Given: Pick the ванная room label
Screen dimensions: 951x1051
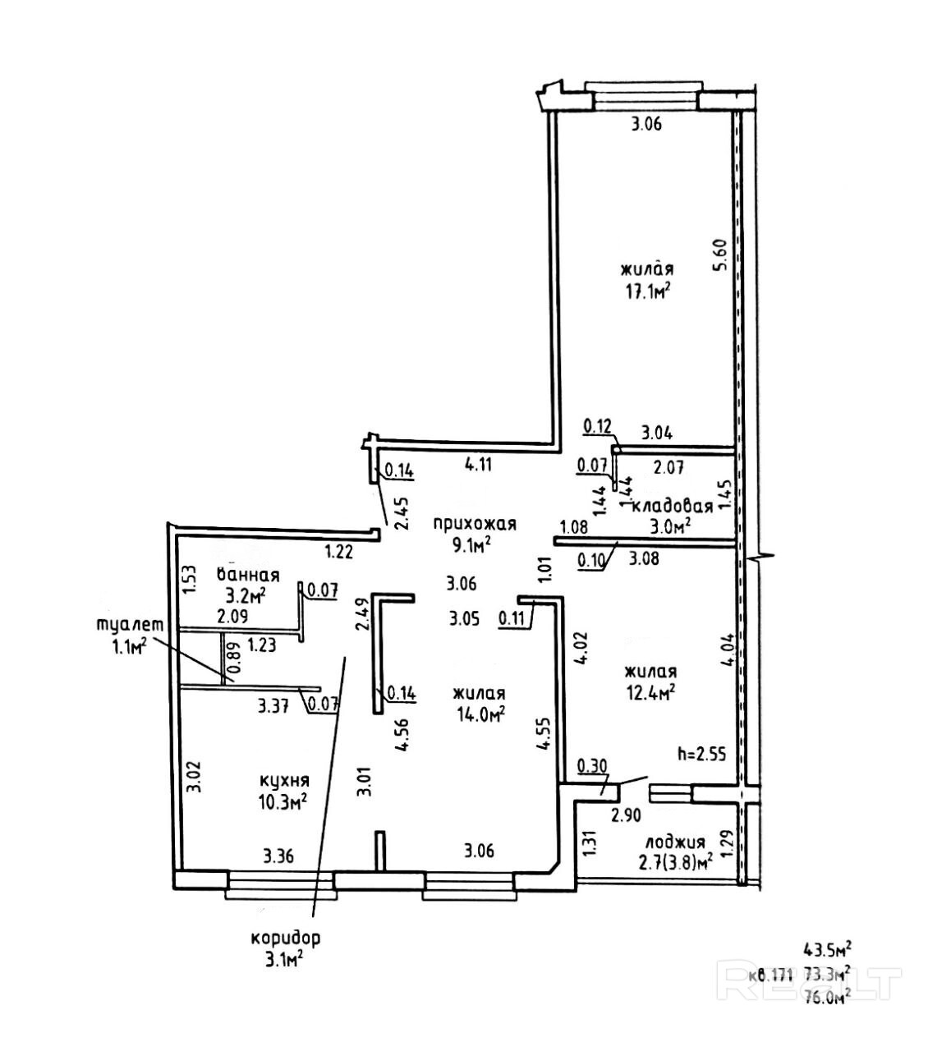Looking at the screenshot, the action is (248, 575).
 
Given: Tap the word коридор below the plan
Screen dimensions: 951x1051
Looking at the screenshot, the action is (286, 938).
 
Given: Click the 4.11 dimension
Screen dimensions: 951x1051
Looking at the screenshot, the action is (478, 464).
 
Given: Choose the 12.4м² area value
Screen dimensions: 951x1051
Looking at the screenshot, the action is (649, 693).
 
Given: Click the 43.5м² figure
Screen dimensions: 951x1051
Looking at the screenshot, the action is (825, 951).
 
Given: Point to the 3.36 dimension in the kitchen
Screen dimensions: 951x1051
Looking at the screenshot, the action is (279, 856).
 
